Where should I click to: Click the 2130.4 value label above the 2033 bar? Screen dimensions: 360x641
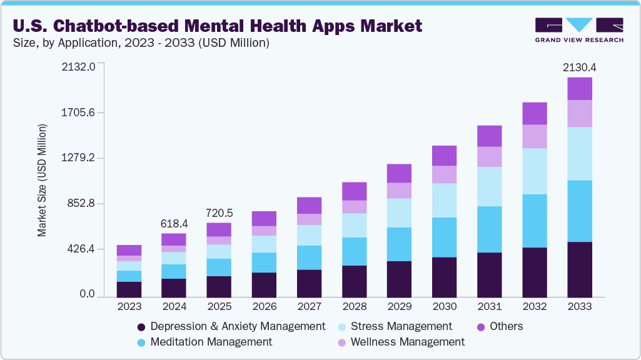pos(579,67)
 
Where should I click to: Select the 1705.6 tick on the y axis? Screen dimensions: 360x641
pos(78,113)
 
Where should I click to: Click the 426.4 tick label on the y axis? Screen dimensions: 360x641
pos(81,249)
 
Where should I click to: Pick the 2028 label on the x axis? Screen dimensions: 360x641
pos(355,307)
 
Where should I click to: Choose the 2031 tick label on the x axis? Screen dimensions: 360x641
pos(490,307)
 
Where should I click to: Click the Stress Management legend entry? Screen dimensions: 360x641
pos(401,326)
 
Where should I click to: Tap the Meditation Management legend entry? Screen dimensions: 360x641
pos(211,342)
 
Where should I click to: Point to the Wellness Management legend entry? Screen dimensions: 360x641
pos(407,342)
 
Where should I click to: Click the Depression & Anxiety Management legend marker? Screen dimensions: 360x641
pos(141,327)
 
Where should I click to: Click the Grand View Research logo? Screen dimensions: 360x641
pos(579,30)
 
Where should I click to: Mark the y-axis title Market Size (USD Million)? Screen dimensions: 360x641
pos(43,181)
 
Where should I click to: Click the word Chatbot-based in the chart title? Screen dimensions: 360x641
pos(118,26)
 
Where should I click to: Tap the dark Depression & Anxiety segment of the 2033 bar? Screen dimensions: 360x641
pos(580,269)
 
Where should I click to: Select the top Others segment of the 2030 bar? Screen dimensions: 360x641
pos(445,156)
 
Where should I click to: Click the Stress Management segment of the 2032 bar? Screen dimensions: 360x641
pos(535,171)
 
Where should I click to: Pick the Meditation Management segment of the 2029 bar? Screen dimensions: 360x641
pos(400,244)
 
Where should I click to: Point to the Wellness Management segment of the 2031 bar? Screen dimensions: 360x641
pos(490,157)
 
